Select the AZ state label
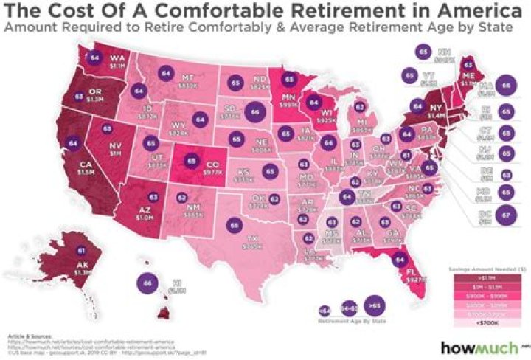coord(145,210)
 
